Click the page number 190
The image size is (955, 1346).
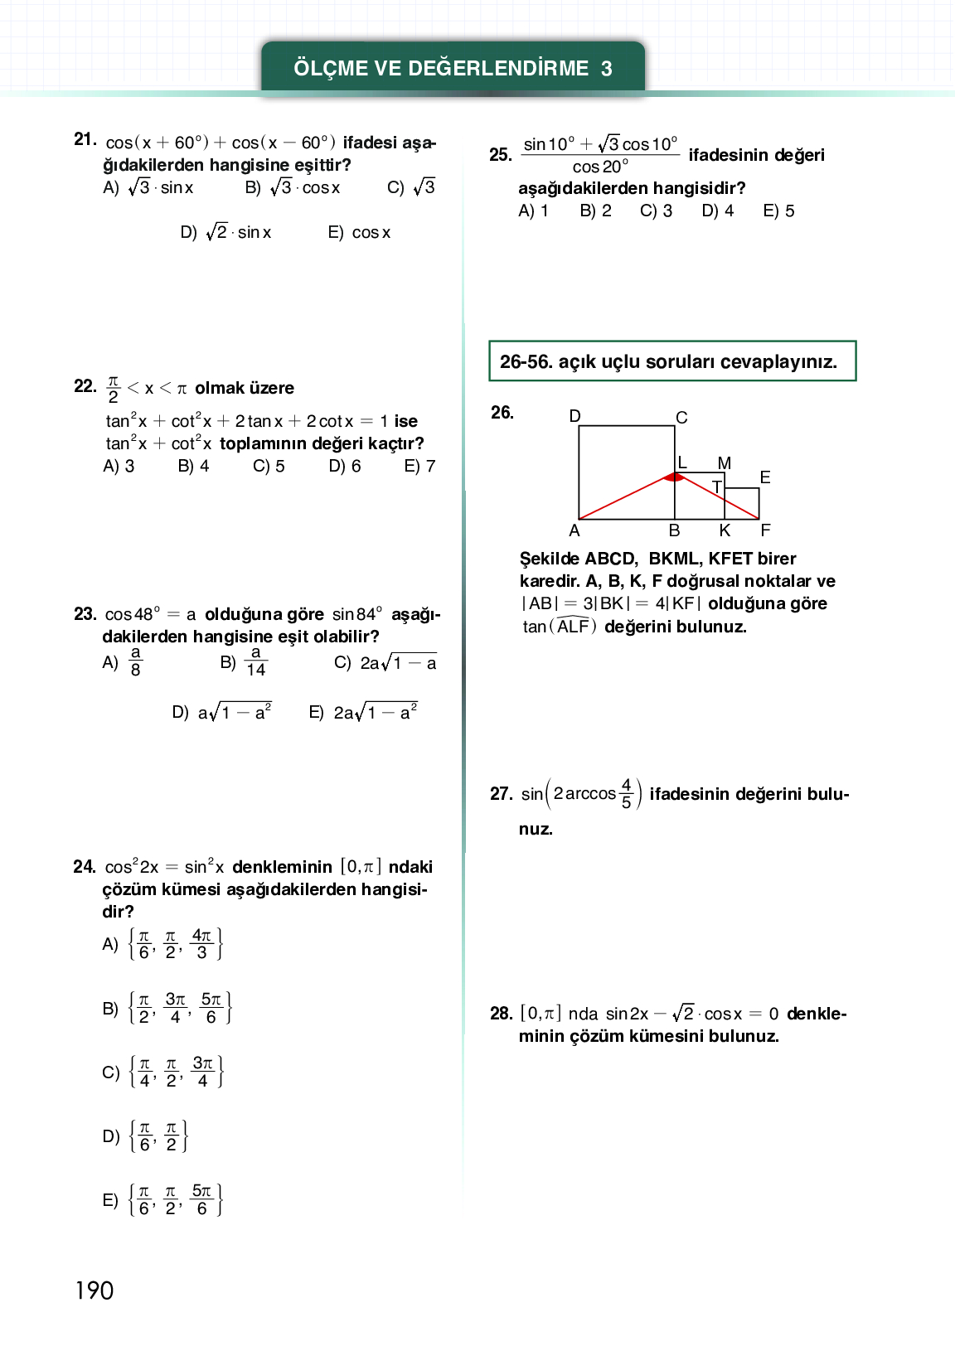tap(95, 1290)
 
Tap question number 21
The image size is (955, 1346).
tap(85, 139)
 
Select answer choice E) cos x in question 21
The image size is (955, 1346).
tap(359, 233)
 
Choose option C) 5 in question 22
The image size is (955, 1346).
tap(269, 467)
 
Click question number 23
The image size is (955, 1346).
tap(85, 614)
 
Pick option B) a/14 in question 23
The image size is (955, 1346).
tap(245, 662)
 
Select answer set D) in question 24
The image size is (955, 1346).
tap(146, 1136)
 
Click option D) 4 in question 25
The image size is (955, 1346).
tap(717, 211)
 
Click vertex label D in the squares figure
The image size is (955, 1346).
tap(575, 416)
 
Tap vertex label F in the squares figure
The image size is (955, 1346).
tap(765, 530)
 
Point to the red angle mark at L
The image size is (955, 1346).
tap(675, 477)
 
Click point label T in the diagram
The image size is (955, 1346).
tap(716, 487)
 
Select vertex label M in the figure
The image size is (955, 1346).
tap(725, 463)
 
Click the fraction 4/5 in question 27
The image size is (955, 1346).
tap(626, 793)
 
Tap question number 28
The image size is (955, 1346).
tap(501, 1014)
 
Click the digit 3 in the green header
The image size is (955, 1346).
tap(606, 69)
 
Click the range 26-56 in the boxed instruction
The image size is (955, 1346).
tap(525, 362)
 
